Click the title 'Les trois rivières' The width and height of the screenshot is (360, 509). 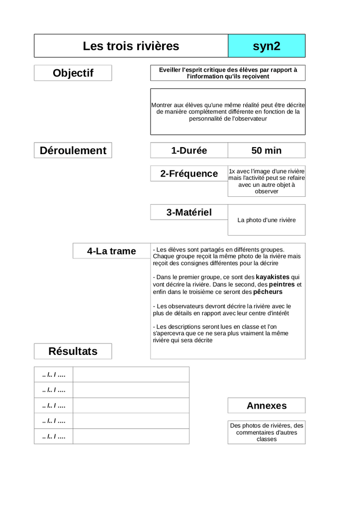tap(131, 46)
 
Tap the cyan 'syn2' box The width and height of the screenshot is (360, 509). tap(267, 46)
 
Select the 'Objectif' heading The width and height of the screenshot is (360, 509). tap(73, 73)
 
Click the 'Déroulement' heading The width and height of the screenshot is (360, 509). tap(73, 151)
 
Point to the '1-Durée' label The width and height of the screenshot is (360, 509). tap(189, 151)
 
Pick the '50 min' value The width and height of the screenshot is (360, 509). tap(267, 151)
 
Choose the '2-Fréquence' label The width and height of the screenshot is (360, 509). tap(189, 173)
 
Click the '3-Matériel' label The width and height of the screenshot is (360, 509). tap(189, 212)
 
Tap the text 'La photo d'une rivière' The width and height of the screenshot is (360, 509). tap(267, 220)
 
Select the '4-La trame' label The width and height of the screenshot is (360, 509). tap(111, 251)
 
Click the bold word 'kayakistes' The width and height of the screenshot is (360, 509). tap(272, 277)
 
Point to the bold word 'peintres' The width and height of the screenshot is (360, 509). tap(282, 284)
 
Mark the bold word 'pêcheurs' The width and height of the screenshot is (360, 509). tap(268, 292)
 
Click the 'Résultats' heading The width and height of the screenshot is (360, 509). tap(73, 351)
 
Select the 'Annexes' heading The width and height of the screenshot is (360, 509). tap(267, 406)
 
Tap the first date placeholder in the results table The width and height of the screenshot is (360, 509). tap(54, 374)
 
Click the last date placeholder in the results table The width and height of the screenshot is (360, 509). tap(54, 436)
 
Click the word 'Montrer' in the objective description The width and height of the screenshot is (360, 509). tap(162, 105)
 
